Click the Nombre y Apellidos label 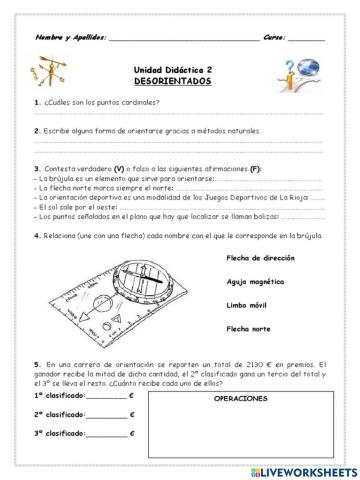[70, 38]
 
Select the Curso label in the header [274, 38]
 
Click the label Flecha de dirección [262, 259]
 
